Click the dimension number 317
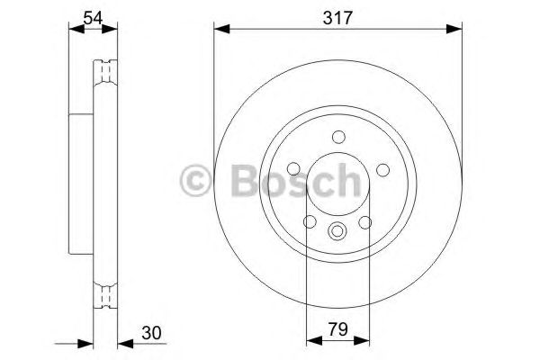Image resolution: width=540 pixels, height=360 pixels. click(332, 15)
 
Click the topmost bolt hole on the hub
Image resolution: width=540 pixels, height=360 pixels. click(338, 138)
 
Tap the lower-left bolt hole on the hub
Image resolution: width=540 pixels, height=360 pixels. click(310, 222)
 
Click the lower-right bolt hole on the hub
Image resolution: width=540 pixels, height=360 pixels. click(365, 222)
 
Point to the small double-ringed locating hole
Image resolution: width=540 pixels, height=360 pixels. click(338, 230)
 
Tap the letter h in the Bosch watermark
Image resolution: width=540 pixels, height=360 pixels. click(343, 179)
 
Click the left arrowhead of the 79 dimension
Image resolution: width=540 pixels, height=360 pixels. click(312, 341)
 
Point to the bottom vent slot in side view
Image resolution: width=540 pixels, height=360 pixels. click(106, 292)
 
